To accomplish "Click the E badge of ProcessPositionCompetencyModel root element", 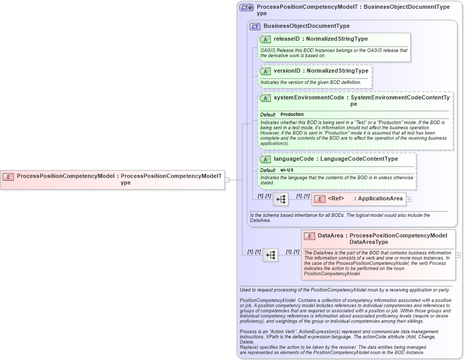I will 8,176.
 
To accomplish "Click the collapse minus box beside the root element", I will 227,180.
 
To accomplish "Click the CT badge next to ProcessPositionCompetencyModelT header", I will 246,8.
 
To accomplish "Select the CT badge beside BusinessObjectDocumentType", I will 255,26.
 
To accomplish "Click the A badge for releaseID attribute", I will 265,39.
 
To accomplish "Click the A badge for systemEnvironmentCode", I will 265,98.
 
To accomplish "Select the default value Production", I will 292,114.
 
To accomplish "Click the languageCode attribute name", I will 293,159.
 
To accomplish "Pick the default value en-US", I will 287,170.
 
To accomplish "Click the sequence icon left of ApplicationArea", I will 281,199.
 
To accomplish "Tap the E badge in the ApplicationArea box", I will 319,199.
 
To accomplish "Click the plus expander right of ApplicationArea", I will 408,199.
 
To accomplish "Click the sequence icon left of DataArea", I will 270,255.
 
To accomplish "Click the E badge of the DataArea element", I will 309,236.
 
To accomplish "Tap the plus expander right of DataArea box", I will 458,255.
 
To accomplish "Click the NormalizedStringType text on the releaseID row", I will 337,39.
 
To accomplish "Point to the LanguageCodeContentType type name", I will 359,159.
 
